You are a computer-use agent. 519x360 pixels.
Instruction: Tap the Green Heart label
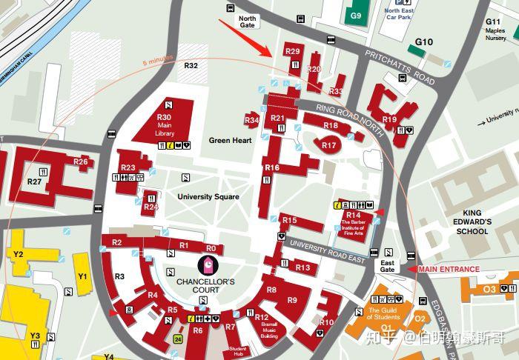click(230, 140)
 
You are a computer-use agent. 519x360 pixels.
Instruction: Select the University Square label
click(208, 196)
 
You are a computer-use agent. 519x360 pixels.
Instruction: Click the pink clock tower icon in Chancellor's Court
click(211, 264)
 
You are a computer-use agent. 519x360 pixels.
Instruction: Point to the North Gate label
click(247, 21)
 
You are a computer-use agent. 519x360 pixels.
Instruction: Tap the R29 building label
click(292, 52)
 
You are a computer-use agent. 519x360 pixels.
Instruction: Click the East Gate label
click(387, 267)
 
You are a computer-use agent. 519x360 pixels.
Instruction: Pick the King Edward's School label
click(472, 221)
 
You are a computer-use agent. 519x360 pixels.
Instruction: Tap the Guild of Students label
click(384, 313)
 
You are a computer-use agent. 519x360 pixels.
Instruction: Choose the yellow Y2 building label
click(19, 254)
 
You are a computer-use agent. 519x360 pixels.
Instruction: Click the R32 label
click(191, 66)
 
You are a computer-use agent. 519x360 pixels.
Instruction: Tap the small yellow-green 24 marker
click(177, 339)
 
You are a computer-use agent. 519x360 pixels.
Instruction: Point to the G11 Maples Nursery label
click(495, 27)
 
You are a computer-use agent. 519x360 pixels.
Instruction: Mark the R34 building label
click(252, 120)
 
